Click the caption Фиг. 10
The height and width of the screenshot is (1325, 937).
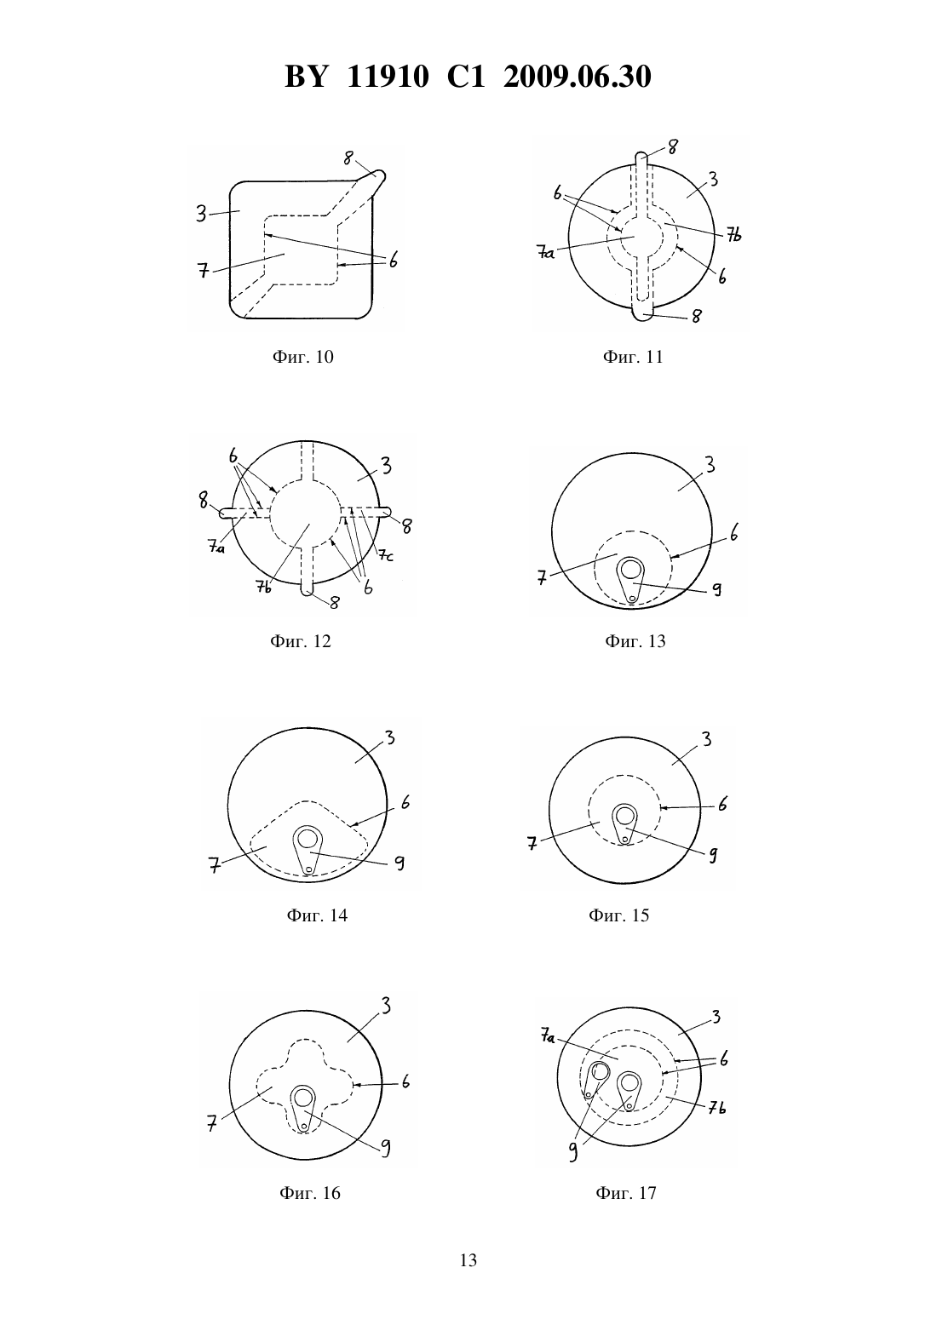tap(303, 357)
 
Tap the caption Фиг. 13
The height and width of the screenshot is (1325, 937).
tap(635, 641)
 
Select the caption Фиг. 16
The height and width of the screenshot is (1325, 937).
tap(310, 1192)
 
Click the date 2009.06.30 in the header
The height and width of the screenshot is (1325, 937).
tap(578, 77)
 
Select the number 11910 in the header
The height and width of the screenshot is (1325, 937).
tap(388, 77)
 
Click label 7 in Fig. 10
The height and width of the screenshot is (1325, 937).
tap(204, 272)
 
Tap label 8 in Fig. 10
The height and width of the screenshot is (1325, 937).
tap(348, 158)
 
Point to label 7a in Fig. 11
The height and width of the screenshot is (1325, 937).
tap(546, 253)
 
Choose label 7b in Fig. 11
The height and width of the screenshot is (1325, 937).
tap(733, 235)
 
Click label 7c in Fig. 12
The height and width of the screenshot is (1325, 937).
tap(386, 555)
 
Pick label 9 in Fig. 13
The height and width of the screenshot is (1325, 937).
tap(716, 589)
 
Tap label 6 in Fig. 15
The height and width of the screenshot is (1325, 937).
tap(723, 804)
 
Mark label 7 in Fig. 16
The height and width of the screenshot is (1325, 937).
tap(212, 1122)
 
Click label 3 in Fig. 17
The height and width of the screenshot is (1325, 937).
tap(716, 1017)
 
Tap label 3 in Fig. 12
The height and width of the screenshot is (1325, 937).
tap(386, 467)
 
